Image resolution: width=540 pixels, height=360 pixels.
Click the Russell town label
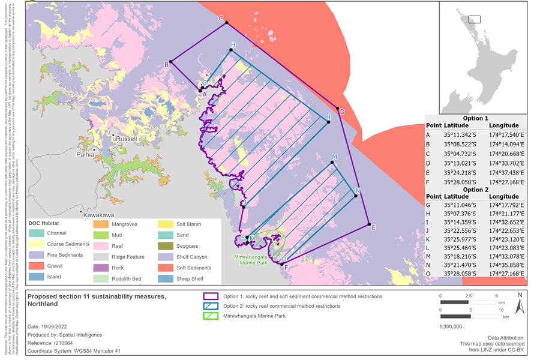127,139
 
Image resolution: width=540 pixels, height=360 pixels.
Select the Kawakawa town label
99,214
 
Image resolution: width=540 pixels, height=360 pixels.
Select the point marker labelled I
329,122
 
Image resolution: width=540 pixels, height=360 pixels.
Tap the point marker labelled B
171,61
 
